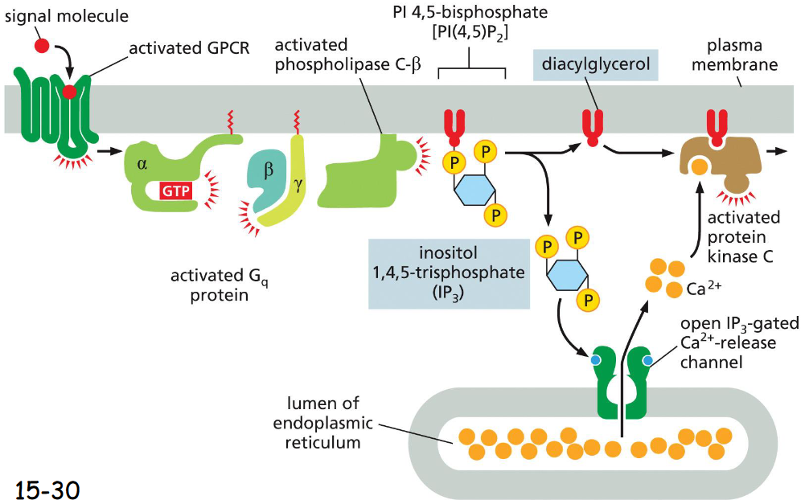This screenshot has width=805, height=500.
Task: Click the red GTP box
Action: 176,191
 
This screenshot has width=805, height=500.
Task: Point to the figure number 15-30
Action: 47,486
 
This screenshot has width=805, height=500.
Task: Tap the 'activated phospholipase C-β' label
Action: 347,53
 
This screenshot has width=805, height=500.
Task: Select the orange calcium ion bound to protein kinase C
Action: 700,167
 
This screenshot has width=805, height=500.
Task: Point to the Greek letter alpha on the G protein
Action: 142,164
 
